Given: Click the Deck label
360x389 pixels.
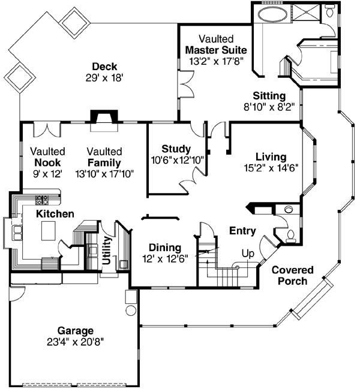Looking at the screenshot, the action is click(104, 67).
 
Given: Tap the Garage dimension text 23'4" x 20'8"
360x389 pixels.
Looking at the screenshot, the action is click(76, 342).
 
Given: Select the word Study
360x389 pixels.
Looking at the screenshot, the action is click(176, 149).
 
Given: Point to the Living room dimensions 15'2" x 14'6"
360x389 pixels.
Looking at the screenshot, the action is click(271, 168).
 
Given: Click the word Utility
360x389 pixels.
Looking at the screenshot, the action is click(107, 251).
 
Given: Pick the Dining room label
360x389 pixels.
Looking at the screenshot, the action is click(165, 248).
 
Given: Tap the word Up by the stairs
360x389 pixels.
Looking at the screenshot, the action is click(248, 254).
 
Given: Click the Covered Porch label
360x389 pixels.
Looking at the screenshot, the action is click(293, 275).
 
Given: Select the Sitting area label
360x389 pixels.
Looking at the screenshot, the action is click(269, 96).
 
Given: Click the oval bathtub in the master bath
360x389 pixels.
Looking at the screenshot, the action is click(272, 14).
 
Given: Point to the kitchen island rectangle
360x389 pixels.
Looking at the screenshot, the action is click(49, 231).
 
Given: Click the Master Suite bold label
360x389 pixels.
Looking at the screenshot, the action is click(216, 50).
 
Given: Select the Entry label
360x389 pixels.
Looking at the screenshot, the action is click(242, 231).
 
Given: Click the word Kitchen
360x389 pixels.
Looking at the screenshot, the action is click(55, 214).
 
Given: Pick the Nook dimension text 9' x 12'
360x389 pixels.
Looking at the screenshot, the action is click(47, 174).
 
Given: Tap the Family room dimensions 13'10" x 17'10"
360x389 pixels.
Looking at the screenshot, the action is click(104, 174).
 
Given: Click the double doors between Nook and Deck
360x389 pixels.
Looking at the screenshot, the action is click(47, 129).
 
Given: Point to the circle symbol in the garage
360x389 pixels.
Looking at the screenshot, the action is click(131, 310).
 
